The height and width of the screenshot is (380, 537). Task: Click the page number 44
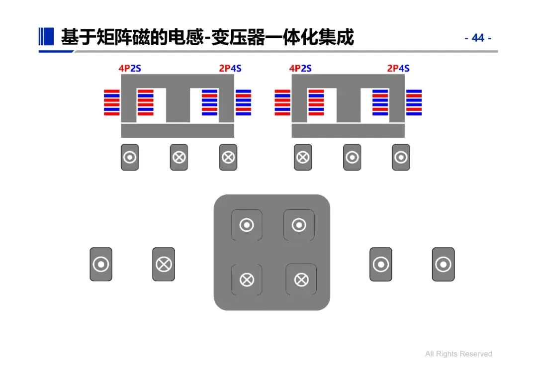pyautogui.click(x=478, y=38)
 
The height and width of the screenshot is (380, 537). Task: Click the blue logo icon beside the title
pyautogui.click(x=46, y=36)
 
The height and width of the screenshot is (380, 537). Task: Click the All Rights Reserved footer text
pyautogui.click(x=458, y=354)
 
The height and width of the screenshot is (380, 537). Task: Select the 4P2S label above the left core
pyautogui.click(x=130, y=68)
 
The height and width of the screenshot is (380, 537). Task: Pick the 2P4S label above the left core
pyautogui.click(x=230, y=68)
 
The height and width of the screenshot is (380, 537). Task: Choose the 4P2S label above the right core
pyautogui.click(x=300, y=68)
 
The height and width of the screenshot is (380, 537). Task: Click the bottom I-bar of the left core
pyautogui.click(x=178, y=131)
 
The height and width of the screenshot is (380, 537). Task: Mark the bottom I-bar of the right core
pyautogui.click(x=348, y=131)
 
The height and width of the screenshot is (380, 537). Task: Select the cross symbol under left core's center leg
pyautogui.click(x=179, y=158)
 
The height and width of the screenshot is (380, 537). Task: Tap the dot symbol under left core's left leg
pyautogui.click(x=130, y=158)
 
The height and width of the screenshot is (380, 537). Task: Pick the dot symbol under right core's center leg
pyautogui.click(x=352, y=158)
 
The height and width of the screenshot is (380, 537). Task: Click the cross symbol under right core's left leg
pyautogui.click(x=303, y=158)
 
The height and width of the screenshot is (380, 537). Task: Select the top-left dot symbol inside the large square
pyautogui.click(x=247, y=225)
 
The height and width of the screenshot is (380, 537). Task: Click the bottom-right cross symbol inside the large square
pyautogui.click(x=301, y=280)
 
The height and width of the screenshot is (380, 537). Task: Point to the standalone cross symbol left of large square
pyautogui.click(x=164, y=264)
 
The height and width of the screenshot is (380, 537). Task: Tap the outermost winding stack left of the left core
pyautogui.click(x=112, y=102)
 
